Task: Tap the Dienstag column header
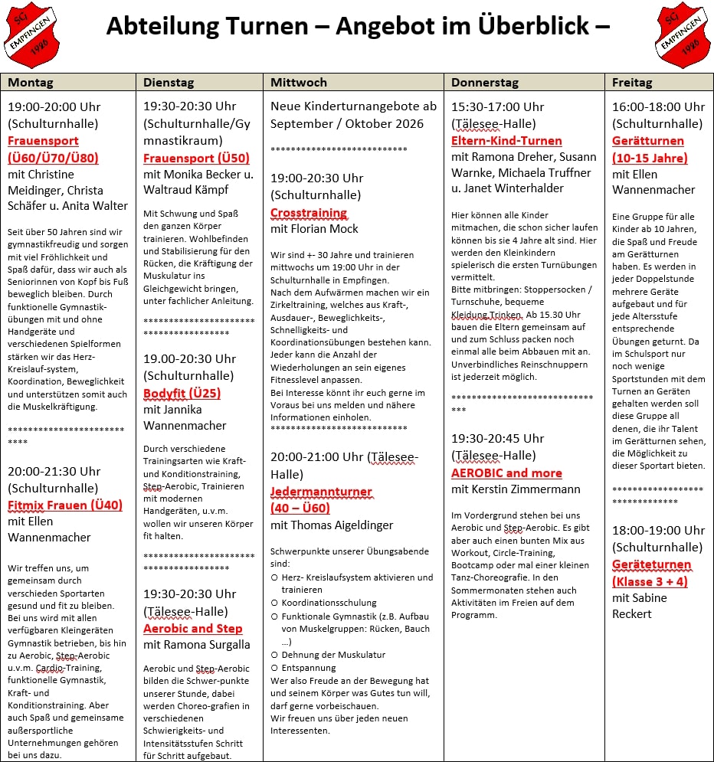[169, 82]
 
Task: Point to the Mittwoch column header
[299, 82]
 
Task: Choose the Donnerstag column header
[485, 82]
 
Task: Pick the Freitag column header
[632, 82]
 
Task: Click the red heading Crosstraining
[309, 212]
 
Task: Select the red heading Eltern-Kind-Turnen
[506, 140]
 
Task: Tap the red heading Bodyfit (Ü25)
[182, 394]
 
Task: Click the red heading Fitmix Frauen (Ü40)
[65, 505]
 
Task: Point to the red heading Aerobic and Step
[192, 628]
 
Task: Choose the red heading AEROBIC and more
[506, 473]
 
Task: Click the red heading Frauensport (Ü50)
[196, 158]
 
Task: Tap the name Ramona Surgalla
[208, 645]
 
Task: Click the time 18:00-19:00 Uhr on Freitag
[658, 530]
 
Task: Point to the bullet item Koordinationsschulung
[329, 603]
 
